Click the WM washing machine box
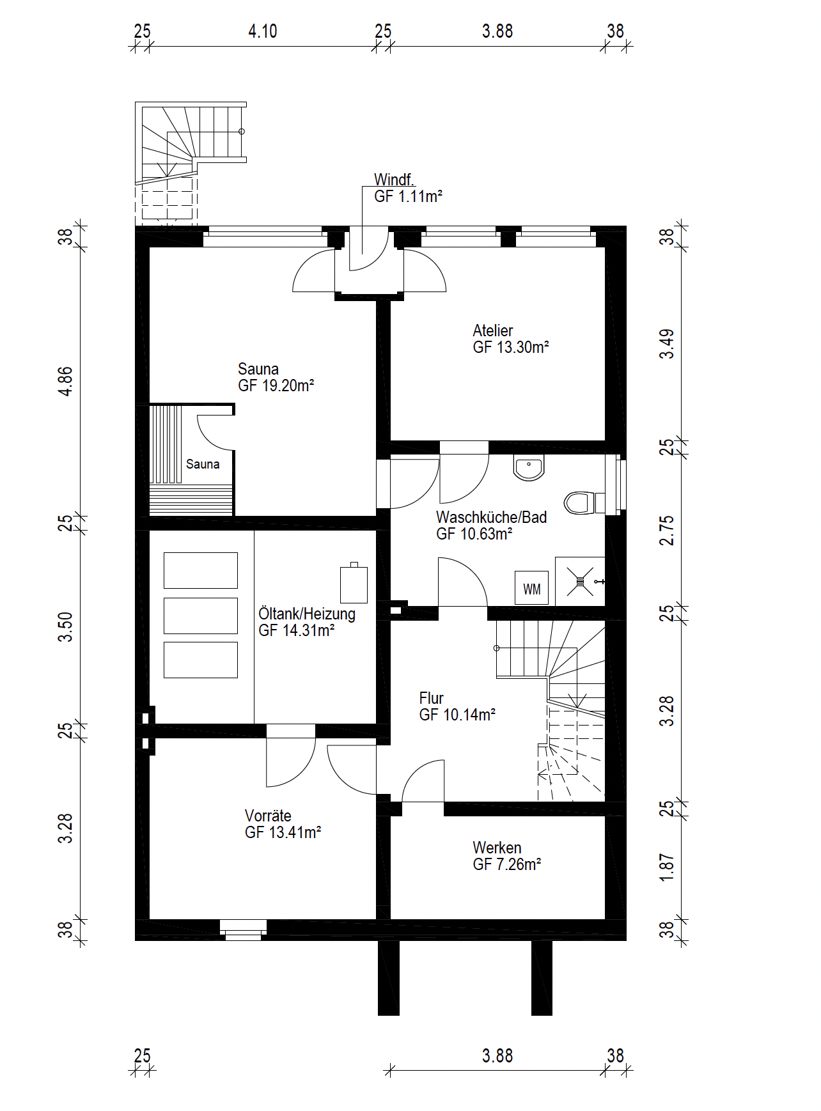pyautogui.click(x=531, y=588)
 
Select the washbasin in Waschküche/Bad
pyautogui.click(x=529, y=468)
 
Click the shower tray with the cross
pyautogui.click(x=580, y=582)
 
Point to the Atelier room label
pyautogui.click(x=492, y=330)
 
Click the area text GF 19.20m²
pyautogui.click(x=276, y=385)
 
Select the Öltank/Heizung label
pyautogui.click(x=307, y=614)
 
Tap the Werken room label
pyautogui.click(x=497, y=848)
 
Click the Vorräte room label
pyautogui.click(x=268, y=816)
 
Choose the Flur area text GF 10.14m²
pyautogui.click(x=458, y=715)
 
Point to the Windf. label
pyautogui.click(x=394, y=180)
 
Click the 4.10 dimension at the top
pyautogui.click(x=263, y=31)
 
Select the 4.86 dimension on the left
pyautogui.click(x=65, y=382)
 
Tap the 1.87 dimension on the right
pyautogui.click(x=666, y=867)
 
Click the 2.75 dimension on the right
pyautogui.click(x=666, y=531)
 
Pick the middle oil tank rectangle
pyautogui.click(x=201, y=616)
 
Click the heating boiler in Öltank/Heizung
pyautogui.click(x=354, y=583)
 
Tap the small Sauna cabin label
pyautogui.click(x=203, y=464)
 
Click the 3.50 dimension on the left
pyautogui.click(x=65, y=627)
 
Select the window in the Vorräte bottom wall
pyautogui.click(x=243, y=929)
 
